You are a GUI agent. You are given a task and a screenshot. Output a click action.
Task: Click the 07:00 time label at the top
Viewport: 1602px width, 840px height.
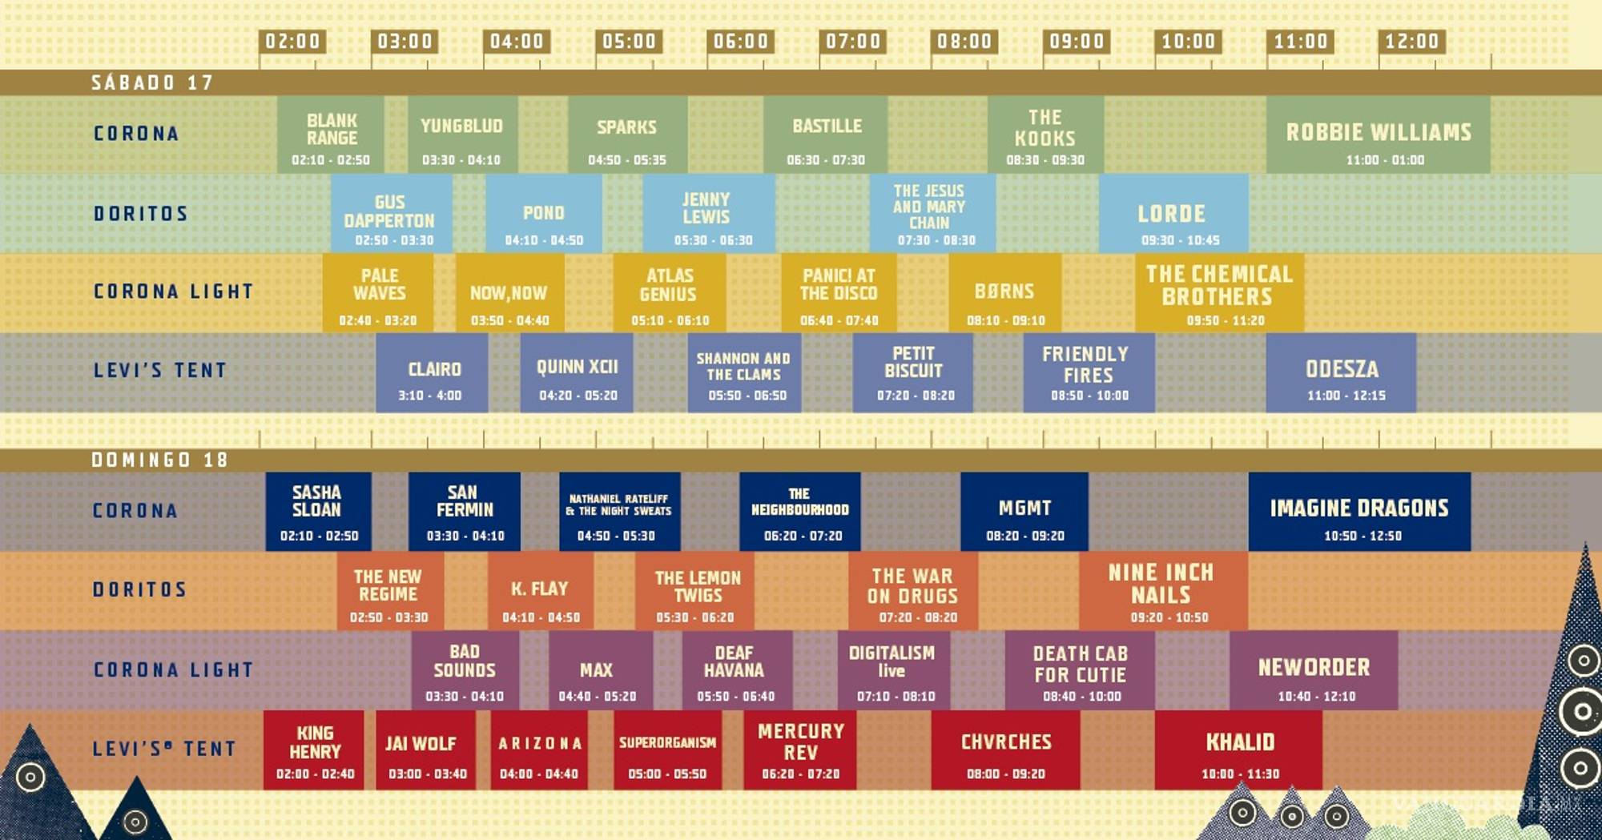852,42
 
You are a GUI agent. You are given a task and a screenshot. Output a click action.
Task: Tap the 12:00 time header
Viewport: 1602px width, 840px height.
1411,42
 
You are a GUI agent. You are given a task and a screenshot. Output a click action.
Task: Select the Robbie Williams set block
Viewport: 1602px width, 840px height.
1378,135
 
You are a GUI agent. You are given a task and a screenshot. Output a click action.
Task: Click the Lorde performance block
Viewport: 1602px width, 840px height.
1173,214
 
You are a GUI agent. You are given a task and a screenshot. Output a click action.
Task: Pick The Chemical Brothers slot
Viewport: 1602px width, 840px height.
1219,292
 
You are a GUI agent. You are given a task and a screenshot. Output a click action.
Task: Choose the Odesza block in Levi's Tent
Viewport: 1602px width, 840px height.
1341,372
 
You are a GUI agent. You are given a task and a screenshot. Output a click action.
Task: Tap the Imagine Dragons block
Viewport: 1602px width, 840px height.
1359,511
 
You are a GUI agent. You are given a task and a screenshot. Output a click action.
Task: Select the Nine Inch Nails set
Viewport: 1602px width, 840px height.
1162,590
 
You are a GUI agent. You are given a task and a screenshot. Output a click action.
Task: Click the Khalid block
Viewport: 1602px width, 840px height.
1239,750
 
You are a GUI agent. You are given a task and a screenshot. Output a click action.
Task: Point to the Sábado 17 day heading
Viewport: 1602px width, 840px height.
152,82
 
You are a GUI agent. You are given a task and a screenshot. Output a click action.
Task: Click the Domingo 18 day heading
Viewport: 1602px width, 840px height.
159,460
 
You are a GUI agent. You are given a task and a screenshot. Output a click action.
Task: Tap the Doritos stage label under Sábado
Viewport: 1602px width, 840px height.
141,214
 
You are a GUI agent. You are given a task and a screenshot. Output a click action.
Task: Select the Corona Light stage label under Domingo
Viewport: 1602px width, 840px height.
173,669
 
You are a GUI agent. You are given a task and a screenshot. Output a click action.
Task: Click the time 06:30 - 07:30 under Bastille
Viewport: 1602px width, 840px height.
826,160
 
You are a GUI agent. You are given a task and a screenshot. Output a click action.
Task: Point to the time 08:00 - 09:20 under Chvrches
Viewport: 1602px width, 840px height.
1005,774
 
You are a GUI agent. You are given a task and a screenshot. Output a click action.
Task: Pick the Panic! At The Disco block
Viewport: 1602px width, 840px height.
839,292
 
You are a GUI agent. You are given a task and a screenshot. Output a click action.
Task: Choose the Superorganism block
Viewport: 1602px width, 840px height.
667,750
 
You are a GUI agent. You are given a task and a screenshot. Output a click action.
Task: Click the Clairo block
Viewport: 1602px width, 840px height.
433,372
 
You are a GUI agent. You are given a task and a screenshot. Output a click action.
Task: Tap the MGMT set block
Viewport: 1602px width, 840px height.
1024,511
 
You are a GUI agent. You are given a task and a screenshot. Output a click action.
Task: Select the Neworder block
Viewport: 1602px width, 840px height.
1314,670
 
